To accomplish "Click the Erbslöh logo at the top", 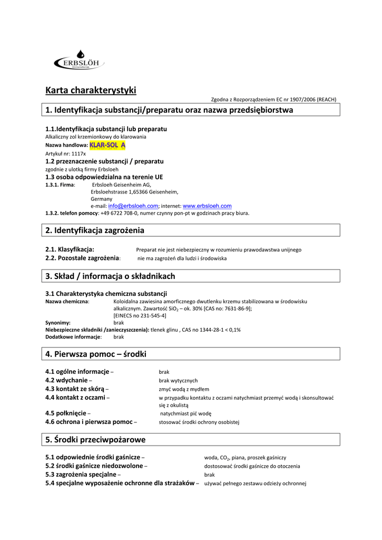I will tap(79, 62).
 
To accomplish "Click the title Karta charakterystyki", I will tap(91, 90).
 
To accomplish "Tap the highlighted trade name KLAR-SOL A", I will tap(107, 144).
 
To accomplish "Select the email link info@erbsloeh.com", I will tap(133, 206).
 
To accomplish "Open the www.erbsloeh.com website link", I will tap(207, 206).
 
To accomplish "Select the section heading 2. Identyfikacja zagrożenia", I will tap(95, 230).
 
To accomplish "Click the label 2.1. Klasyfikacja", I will tap(70, 249).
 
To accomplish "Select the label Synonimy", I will tap(58, 322).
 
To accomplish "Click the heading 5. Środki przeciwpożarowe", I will tap(95, 439).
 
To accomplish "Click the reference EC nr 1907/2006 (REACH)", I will tap(305, 99).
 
